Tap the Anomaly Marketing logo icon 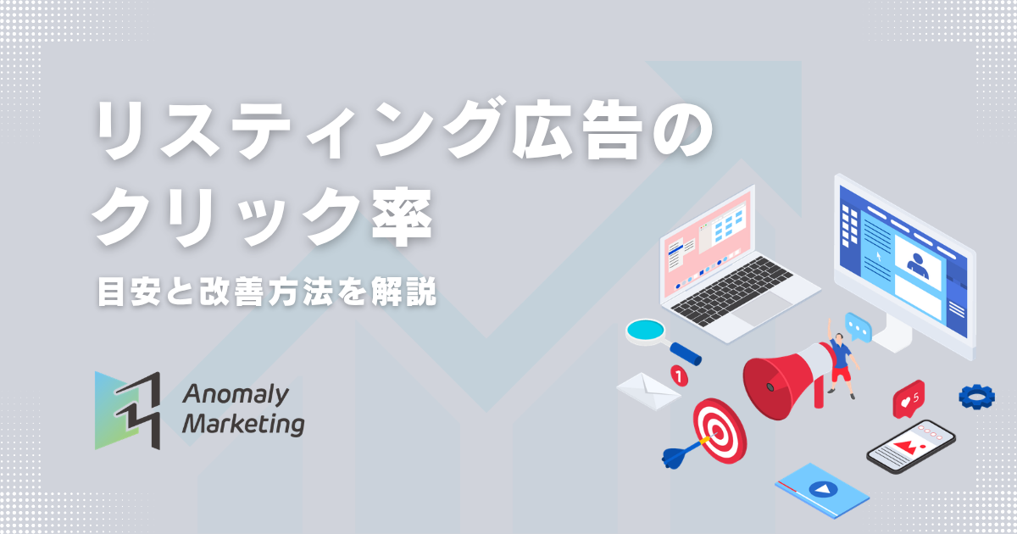pos(127,409)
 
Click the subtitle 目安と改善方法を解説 pos(265,294)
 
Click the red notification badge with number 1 pos(678,372)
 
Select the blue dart pos(682,454)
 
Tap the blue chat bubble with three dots pos(859,326)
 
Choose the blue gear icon pos(976,396)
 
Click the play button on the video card pos(820,490)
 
